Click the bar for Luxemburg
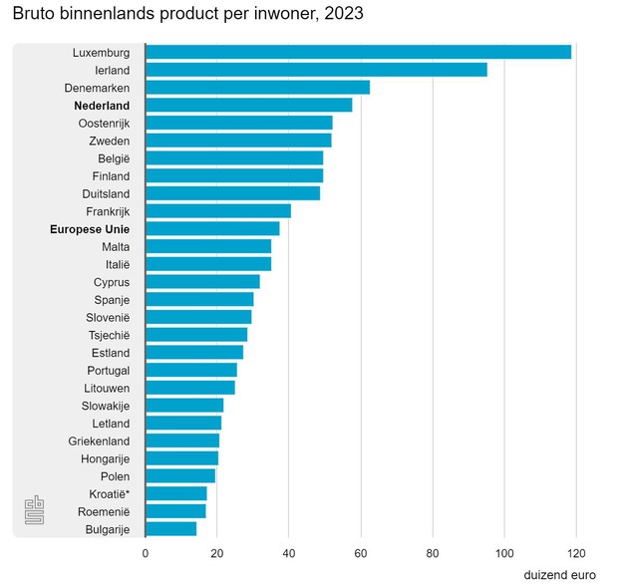pyautogui.click(x=359, y=52)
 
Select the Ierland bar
pyautogui.click(x=317, y=70)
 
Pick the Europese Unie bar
pyautogui.click(x=212, y=228)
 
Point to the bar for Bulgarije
pyautogui.click(x=170, y=529)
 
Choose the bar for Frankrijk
pyautogui.click(x=218, y=211)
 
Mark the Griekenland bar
pyautogui.click(x=182, y=440)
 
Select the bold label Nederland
pyautogui.click(x=102, y=105)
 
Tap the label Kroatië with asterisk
pyautogui.click(x=109, y=493)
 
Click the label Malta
pyautogui.click(x=116, y=246)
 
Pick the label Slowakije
pyautogui.click(x=106, y=406)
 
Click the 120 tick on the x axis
pyautogui.click(x=576, y=554)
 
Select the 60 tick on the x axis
pyautogui.click(x=361, y=554)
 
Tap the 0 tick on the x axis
pyautogui.click(x=146, y=554)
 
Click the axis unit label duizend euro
pyautogui.click(x=559, y=576)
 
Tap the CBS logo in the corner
pyautogui.click(x=35, y=511)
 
